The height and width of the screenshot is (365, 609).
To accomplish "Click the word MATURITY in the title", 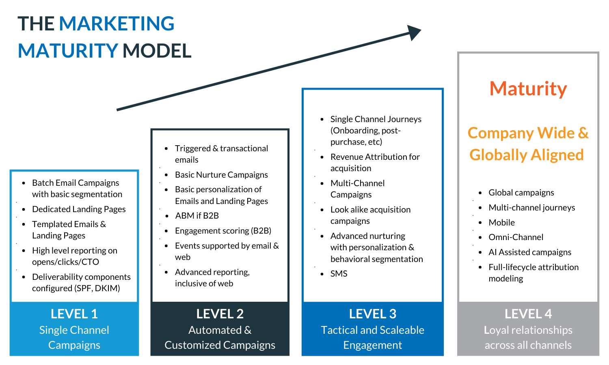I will coord(68,51).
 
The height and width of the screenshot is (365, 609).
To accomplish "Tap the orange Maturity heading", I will coord(528,88).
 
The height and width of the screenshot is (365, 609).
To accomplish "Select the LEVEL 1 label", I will coord(74,314).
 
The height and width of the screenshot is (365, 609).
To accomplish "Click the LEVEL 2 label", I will coord(220,314).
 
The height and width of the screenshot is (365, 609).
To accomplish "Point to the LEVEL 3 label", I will coord(372,314).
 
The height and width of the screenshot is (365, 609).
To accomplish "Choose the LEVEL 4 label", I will coord(528,314).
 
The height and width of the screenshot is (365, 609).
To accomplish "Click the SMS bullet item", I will coord(339,274).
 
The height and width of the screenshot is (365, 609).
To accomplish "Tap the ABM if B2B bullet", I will coord(197,216).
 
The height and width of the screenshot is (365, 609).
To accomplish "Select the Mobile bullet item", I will coord(501,223).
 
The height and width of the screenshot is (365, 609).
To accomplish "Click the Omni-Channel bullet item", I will coord(516,237).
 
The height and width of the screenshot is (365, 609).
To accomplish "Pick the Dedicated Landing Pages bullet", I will coord(79,209).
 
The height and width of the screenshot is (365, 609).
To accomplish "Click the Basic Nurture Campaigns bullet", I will coord(221,175).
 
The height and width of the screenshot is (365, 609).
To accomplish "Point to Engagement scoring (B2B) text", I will coord(223,231).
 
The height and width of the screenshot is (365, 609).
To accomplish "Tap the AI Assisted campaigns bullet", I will coord(530,252).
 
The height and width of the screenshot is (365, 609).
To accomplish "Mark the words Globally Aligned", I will coord(527,155).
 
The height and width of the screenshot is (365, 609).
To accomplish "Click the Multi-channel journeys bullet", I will coord(532,208).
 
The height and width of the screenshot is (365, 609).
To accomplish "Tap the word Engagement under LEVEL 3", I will coord(372,345).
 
